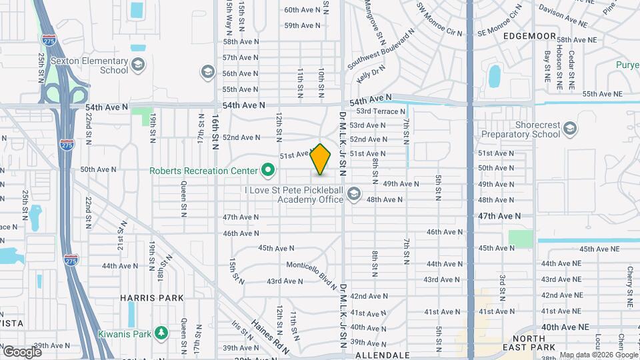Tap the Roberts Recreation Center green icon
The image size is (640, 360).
tap(269, 171)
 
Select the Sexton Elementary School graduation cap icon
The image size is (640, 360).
tap(138, 65)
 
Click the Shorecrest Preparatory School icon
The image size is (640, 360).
tap(570, 128)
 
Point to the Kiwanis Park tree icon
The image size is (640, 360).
tap(160, 332)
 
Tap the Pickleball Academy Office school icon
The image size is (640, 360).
tap(353, 194)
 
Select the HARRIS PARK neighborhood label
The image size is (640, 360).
tap(147, 297)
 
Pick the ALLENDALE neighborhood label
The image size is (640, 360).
tap(382, 355)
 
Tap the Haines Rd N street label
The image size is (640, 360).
tap(270, 337)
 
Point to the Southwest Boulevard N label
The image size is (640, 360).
tap(377, 51)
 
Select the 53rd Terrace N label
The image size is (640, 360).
tap(381, 111)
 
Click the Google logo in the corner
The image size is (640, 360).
tap(22, 351)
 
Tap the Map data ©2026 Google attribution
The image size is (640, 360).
tap(599, 355)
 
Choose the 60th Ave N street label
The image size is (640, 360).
tap(303, 10)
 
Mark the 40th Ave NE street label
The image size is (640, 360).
tap(565, 327)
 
